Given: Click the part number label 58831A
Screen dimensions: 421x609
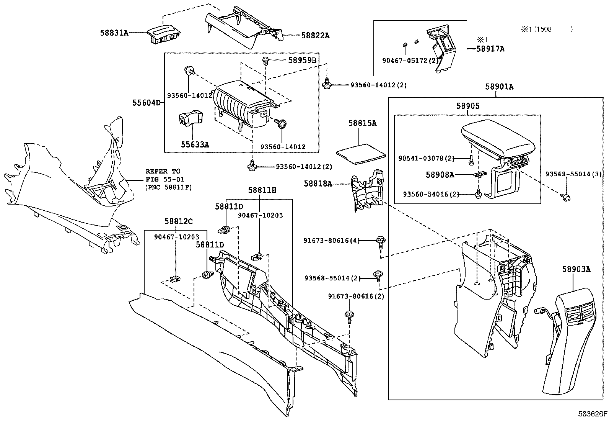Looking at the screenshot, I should point(114,33).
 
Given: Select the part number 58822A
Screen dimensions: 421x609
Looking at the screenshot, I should point(315,36).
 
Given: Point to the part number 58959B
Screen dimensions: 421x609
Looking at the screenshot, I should point(302,60).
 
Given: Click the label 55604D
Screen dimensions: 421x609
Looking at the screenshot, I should point(147,103).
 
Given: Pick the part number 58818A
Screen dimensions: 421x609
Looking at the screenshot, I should point(318,183).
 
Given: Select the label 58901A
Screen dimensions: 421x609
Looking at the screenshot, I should point(499,87).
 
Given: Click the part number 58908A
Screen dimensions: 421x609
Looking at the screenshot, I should point(440,175).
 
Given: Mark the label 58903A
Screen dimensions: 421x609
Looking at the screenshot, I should point(576,269).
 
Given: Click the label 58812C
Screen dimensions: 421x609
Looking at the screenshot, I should point(179,221).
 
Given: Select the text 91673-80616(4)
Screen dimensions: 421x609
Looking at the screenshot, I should point(332,241).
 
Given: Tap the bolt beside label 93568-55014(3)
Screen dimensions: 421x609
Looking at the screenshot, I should point(565,197).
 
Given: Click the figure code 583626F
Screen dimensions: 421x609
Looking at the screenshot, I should point(593,414).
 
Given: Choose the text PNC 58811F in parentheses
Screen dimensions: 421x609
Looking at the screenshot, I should point(168,187).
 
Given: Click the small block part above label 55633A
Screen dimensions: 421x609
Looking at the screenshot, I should point(189,118).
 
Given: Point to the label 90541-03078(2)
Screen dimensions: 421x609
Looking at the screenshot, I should point(426,158).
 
